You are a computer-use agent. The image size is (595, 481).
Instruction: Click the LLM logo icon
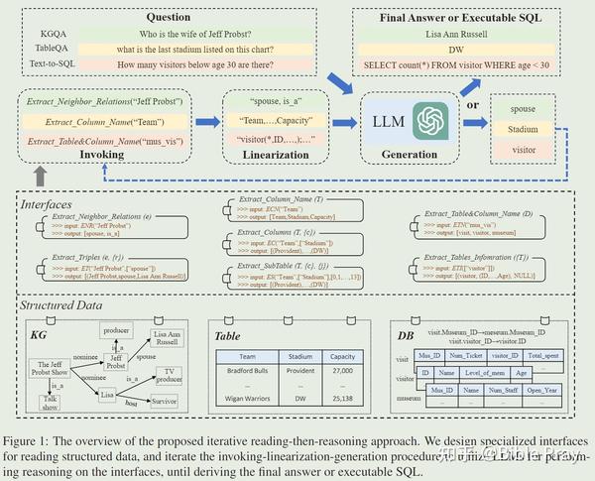[433, 122]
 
